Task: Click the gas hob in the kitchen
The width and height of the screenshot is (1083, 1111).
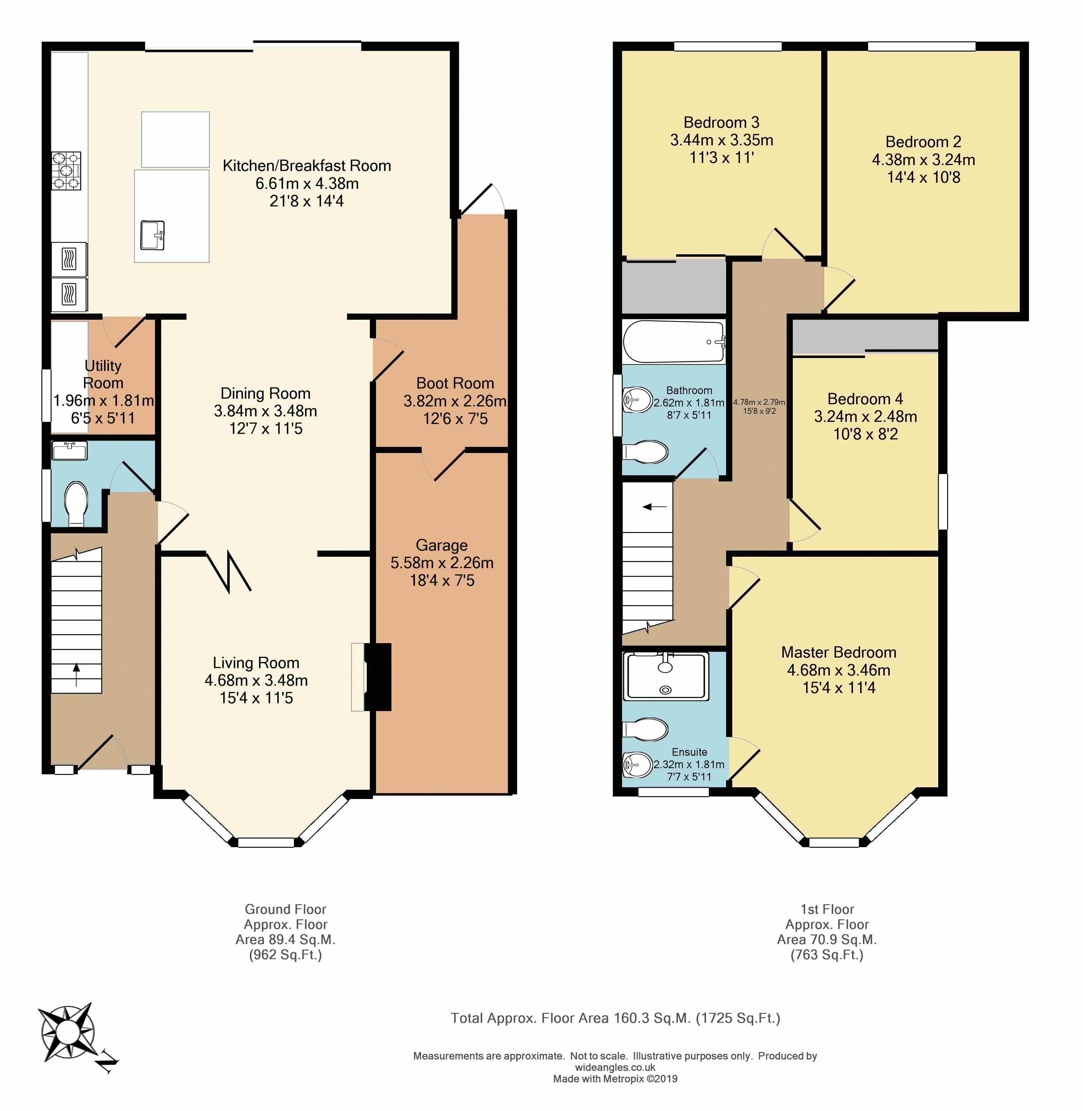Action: [67, 171]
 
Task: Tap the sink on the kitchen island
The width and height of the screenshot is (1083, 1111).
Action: [153, 235]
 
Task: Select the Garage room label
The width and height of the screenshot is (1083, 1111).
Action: [442, 545]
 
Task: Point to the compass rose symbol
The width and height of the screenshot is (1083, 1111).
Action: [67, 1031]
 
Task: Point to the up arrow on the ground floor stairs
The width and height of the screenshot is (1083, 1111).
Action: [76, 675]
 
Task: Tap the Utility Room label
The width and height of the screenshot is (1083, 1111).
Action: [103, 374]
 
